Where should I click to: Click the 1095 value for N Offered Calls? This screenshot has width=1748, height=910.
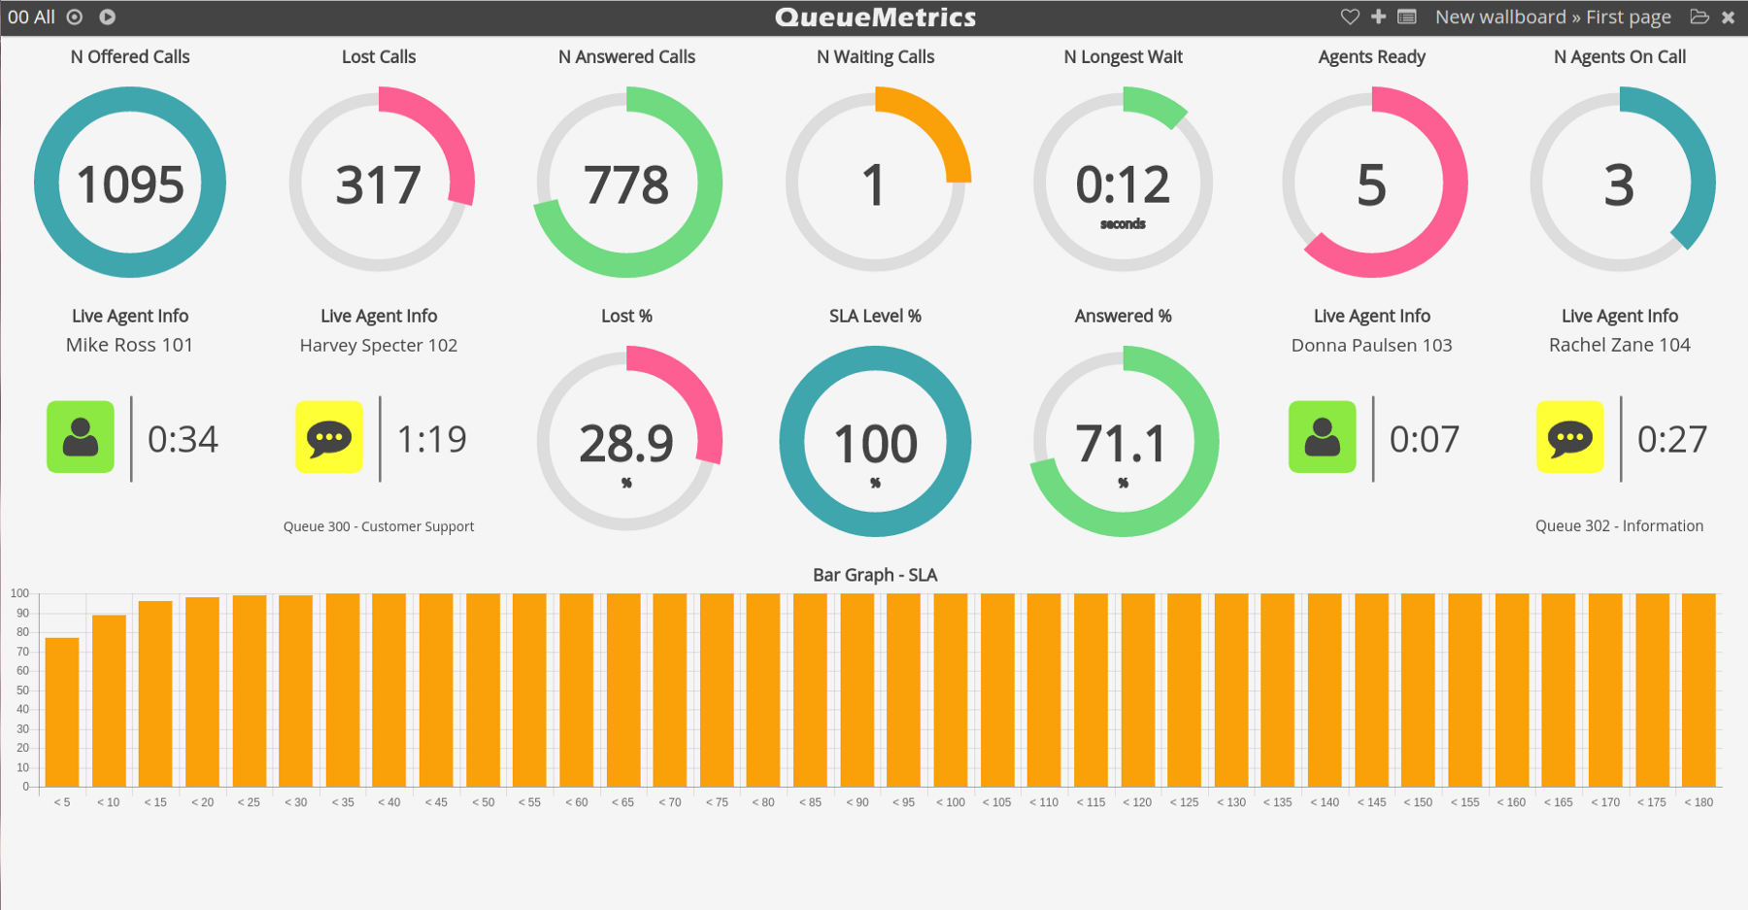coord(130,185)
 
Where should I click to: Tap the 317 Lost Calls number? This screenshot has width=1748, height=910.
coord(378,185)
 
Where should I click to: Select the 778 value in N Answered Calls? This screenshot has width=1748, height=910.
coord(626,185)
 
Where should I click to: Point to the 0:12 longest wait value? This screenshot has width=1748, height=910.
coord(1123,185)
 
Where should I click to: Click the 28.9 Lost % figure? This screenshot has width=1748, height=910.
coord(626,444)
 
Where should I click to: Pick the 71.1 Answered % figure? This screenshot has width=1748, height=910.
coord(1123,444)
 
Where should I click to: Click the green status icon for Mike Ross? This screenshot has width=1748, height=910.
coord(81,437)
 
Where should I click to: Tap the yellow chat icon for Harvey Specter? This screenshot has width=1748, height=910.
coord(329,437)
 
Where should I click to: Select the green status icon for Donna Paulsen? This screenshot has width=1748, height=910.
coord(1322,437)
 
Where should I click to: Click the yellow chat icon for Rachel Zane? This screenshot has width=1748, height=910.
coord(1570,437)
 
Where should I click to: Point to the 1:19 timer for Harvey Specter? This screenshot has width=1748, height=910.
coord(432,439)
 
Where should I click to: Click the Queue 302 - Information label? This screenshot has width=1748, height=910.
coord(1619,525)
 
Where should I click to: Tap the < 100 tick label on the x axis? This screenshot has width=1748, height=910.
coord(951,802)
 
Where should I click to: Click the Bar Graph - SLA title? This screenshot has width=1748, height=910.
coord(874,575)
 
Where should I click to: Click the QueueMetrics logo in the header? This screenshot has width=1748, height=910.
coord(875,17)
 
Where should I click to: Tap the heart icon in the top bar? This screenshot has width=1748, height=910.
coord(1350,17)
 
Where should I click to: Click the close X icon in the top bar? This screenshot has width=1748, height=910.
coord(1728,17)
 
